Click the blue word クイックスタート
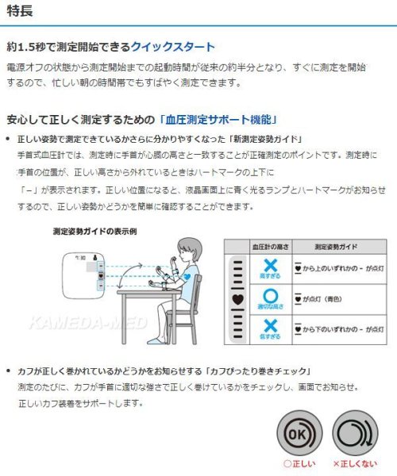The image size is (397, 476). pos(175,48)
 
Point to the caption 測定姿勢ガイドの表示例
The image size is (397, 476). pos(94,232)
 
